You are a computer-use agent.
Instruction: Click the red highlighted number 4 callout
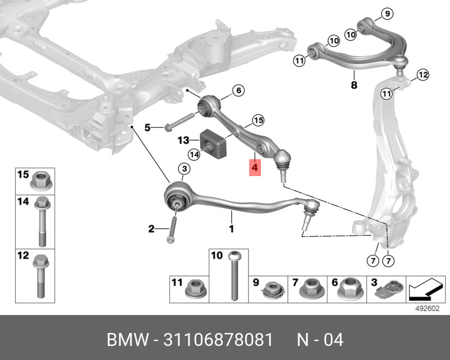pyautogui.click(x=255, y=167)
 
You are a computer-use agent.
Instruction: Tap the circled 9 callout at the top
pyautogui.click(x=386, y=13)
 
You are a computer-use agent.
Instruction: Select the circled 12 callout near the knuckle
pyautogui.click(x=422, y=74)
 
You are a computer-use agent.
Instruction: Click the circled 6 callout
pyautogui.click(x=237, y=90)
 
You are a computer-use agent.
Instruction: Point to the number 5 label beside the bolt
pyautogui.click(x=147, y=128)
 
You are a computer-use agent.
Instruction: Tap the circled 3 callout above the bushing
pyautogui.click(x=183, y=169)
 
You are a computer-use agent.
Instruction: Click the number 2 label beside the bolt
pyautogui.click(x=151, y=228)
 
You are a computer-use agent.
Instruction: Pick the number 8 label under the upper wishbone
pyautogui.click(x=354, y=85)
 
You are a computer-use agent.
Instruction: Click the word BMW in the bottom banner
pyautogui.click(x=127, y=339)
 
